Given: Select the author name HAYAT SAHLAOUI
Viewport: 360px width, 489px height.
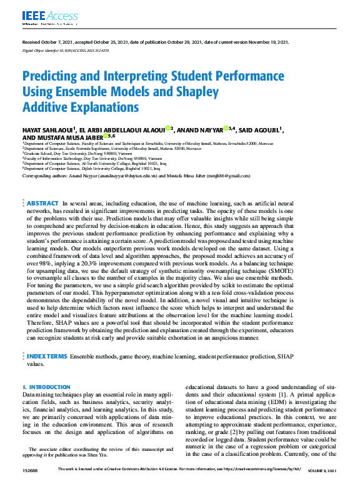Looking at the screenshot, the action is point(47,130).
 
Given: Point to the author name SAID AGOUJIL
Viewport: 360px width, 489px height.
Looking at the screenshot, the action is point(259,130).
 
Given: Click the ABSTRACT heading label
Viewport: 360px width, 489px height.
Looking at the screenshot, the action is point(42,204).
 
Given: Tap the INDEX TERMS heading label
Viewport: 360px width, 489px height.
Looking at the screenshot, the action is point(47,356).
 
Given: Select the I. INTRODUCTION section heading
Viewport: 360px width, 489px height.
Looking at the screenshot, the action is point(46,387).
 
